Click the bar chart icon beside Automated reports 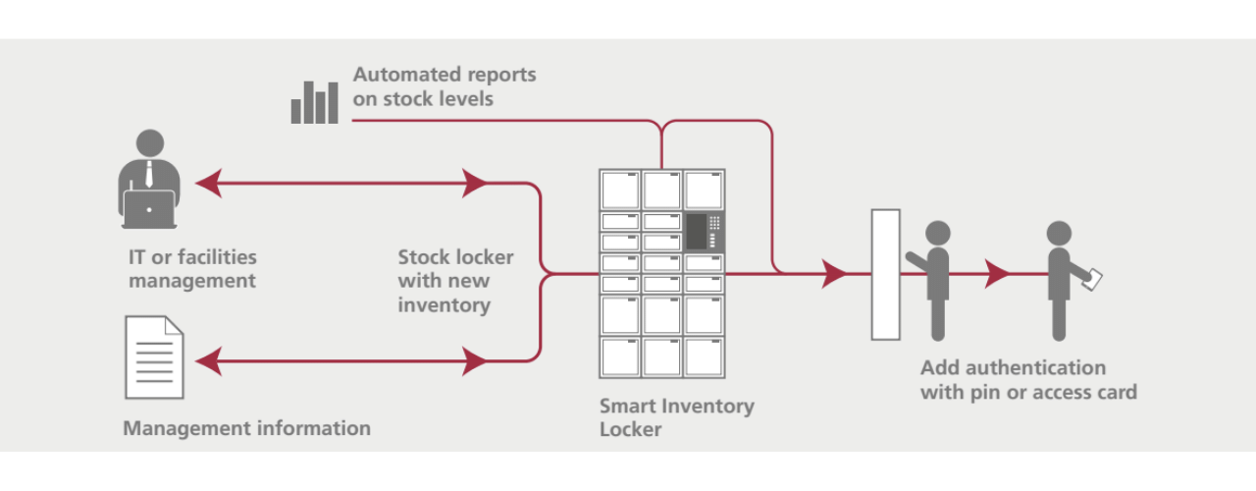click(314, 102)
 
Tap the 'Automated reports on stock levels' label click(445, 86)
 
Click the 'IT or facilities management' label click(192, 268)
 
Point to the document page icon click(154, 357)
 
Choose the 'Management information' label click(246, 428)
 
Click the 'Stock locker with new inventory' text click(455, 281)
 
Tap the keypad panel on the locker click(703, 232)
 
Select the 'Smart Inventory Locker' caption click(677, 416)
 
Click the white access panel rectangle click(886, 275)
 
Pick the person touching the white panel click(936, 278)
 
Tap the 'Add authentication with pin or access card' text click(1027, 380)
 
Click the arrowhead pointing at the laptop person click(207, 183)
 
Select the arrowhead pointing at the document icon click(207, 362)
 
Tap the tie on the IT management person click(149, 175)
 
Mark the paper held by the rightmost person click(1092, 279)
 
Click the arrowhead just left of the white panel click(835, 274)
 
